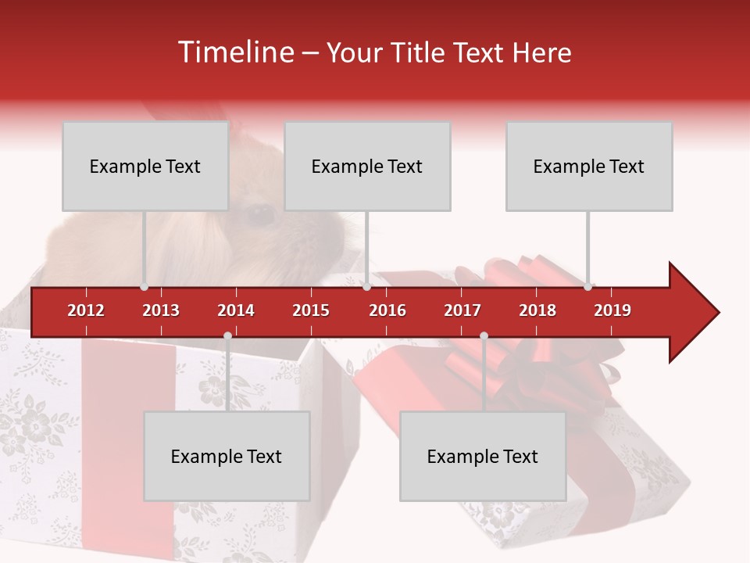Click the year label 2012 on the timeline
pyautogui.click(x=86, y=310)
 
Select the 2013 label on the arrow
pyautogui.click(x=161, y=310)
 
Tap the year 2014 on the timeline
pyautogui.click(x=236, y=310)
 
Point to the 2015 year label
pyautogui.click(x=311, y=310)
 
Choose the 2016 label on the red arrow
pyautogui.click(x=387, y=310)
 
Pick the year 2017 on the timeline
pyautogui.click(x=462, y=310)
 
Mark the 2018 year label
pyautogui.click(x=537, y=310)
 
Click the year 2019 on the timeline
pyautogui.click(x=612, y=310)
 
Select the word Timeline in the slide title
pyautogui.click(x=235, y=52)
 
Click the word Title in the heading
pyautogui.click(x=419, y=52)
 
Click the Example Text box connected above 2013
pyautogui.click(x=145, y=166)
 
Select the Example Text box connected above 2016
pyautogui.click(x=367, y=166)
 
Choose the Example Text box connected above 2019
pyautogui.click(x=589, y=166)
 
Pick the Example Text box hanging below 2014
pyautogui.click(x=227, y=456)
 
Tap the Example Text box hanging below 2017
pyautogui.click(x=483, y=456)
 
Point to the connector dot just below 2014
pyautogui.click(x=227, y=336)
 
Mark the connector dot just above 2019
pyautogui.click(x=587, y=286)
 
